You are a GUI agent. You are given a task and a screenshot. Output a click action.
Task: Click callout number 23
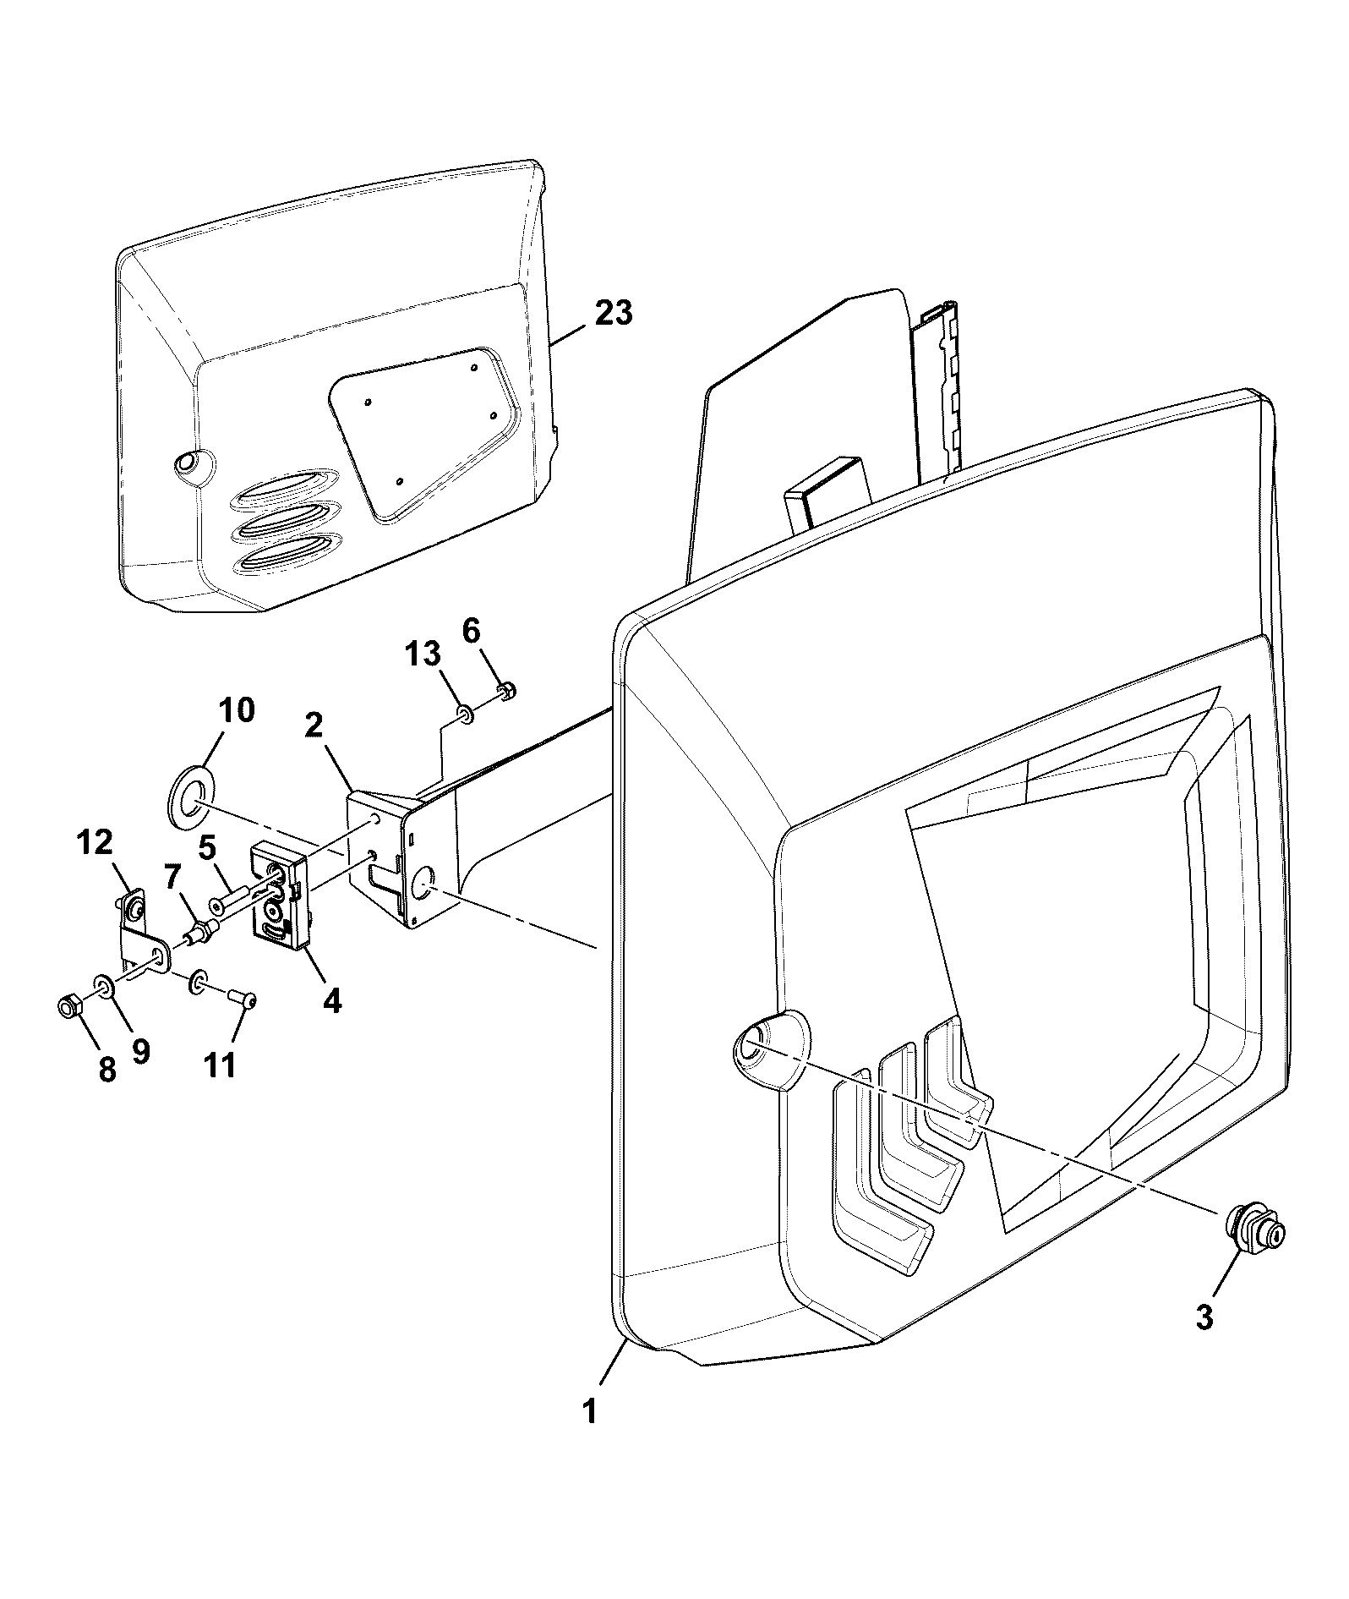point(614,313)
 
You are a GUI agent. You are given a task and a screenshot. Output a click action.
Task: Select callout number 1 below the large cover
point(590,1411)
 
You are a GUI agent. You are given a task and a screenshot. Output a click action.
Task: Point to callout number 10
point(237,710)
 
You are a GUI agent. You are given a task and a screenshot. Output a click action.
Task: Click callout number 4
point(332,1002)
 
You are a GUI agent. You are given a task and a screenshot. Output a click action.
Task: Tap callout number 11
point(221,1065)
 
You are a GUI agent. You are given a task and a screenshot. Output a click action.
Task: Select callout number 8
point(106,1070)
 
